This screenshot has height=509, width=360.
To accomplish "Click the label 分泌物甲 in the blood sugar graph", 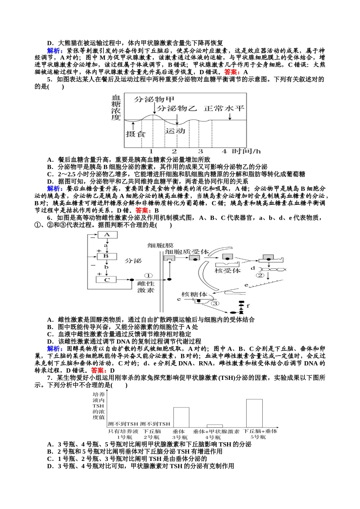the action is (154, 99).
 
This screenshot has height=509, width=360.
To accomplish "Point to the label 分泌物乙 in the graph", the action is (177, 108).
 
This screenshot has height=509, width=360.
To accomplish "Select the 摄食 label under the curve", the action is (135, 134).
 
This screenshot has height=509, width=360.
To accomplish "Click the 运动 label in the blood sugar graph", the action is (175, 131).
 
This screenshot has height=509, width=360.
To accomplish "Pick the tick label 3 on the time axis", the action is (200, 151).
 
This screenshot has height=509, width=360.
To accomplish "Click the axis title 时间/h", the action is (246, 151).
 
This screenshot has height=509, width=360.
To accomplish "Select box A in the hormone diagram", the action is (107, 235).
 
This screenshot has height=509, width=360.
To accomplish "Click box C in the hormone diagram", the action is (107, 280).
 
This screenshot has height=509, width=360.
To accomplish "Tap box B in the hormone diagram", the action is (106, 256).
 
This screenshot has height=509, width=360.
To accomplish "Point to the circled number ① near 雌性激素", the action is (148, 276).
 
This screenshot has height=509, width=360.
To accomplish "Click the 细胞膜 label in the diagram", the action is (160, 246).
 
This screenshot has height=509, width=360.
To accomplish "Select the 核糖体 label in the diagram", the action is (194, 294).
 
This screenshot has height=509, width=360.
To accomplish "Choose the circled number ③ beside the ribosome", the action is (215, 303).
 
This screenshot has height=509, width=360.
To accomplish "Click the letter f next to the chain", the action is (248, 306).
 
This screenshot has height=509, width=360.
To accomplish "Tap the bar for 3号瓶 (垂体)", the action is (181, 417).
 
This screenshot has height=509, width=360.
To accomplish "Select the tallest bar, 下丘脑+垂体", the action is (254, 413).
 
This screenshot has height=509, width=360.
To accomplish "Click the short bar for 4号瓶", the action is (214, 426).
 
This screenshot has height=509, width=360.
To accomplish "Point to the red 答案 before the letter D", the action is (99, 370).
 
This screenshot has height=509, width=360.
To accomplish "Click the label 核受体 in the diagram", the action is (227, 270).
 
